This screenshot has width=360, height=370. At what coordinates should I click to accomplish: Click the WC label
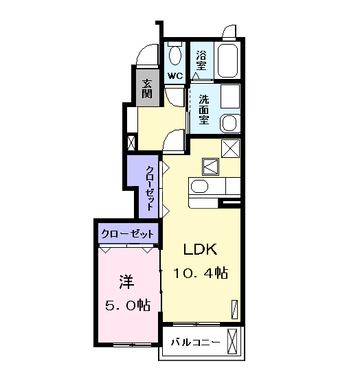175,76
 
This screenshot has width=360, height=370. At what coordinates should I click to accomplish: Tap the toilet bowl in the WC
175,56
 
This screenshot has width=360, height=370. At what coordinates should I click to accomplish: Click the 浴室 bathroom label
201,60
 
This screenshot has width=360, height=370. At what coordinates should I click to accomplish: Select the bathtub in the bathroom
227,61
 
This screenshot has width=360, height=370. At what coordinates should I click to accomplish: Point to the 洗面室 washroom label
203,110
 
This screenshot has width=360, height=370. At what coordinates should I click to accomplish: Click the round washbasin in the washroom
229,124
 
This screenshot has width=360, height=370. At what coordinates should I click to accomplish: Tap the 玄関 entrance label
147,89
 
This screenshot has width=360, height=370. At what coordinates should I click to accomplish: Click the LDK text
201,249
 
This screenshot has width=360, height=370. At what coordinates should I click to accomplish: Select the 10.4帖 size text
201,273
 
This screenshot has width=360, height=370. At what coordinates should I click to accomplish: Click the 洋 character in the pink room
126,281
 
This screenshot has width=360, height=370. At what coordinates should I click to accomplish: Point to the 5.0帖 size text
128,305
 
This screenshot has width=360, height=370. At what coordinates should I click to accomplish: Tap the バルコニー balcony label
195,342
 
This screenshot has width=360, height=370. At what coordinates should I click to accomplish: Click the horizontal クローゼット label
128,234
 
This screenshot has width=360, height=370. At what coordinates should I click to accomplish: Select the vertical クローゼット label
150,188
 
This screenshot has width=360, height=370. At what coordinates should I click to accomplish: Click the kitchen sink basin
199,187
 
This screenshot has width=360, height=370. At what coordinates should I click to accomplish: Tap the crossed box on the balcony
232,341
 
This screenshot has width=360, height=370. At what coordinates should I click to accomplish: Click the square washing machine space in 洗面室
230,96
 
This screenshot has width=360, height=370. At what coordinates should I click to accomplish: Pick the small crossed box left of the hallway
131,143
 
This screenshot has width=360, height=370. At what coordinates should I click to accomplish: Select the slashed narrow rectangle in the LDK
234,310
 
